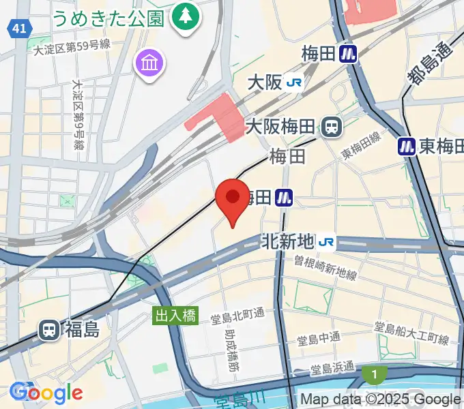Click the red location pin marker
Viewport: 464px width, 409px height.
pyautogui.click(x=232, y=199)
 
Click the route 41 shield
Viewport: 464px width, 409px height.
pyautogui.click(x=20, y=28)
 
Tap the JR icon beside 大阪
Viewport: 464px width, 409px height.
pyautogui.click(x=295, y=82)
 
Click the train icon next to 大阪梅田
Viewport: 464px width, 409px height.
pyautogui.click(x=333, y=126)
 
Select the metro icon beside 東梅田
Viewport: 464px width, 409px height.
pyautogui.click(x=407, y=145)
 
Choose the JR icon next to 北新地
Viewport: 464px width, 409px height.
pyautogui.click(x=327, y=241)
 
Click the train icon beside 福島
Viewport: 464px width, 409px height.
pyautogui.click(x=49, y=330)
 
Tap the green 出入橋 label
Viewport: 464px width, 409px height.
pyautogui.click(x=175, y=316)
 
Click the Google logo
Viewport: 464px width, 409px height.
pyautogui.click(x=46, y=393)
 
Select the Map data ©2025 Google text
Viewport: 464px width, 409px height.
pyautogui.click(x=380, y=399)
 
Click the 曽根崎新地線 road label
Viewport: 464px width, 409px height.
pyautogui.click(x=325, y=267)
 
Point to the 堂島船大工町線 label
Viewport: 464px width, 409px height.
pyautogui.click(x=411, y=334)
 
